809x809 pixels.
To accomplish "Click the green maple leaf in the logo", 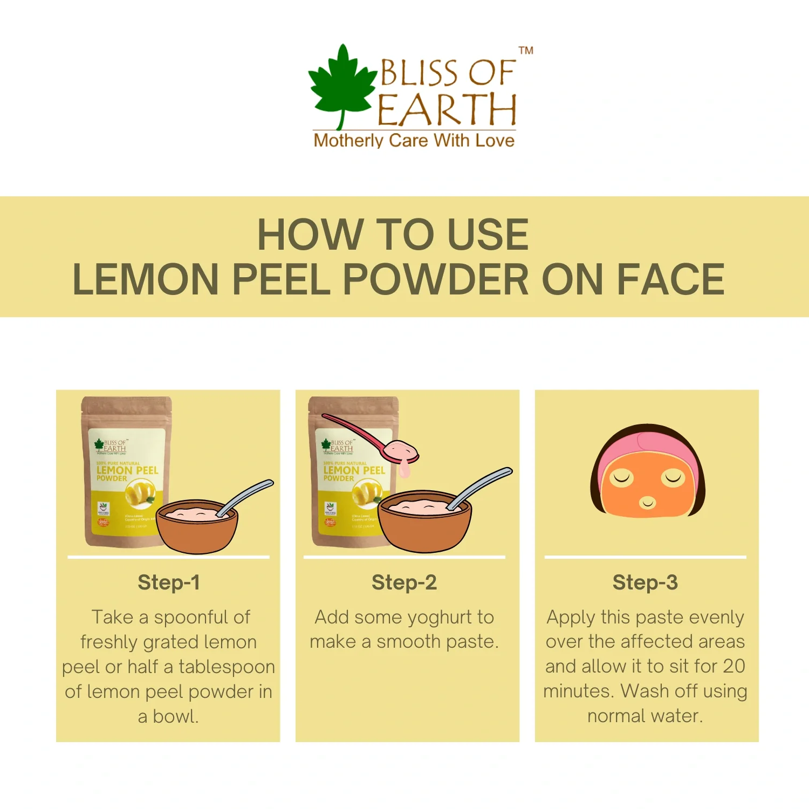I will [x=341, y=84].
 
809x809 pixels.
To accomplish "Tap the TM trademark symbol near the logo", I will [x=526, y=51].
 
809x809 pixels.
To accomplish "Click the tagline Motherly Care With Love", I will [x=414, y=141].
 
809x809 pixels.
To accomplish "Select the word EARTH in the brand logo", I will [x=447, y=110].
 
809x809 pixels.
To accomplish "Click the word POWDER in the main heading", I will [x=436, y=279].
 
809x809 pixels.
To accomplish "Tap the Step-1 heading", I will [x=169, y=582].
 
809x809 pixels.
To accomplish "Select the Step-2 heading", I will [x=404, y=582].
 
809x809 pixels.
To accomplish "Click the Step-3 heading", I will [x=645, y=582].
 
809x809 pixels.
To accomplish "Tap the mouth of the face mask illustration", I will [x=647, y=503].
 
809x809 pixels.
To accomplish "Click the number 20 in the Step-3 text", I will [x=733, y=667].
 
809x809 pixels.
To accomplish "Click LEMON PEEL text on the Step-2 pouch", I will [x=354, y=470].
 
